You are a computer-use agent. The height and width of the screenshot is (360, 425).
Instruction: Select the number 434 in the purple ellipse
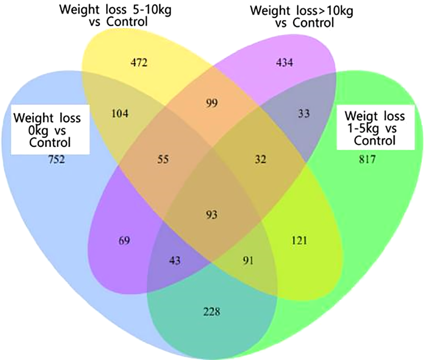pyautogui.click(x=284, y=63)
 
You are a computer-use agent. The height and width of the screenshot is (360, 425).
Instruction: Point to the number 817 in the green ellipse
pyautogui.click(x=367, y=160)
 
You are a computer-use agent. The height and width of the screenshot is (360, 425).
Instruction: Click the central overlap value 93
pyautogui.click(x=212, y=215)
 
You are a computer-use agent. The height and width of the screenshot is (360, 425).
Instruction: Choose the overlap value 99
pyautogui.click(x=212, y=103)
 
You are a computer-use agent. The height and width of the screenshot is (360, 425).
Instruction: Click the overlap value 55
pyautogui.click(x=163, y=160)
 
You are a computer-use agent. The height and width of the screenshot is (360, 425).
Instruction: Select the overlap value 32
pyautogui.click(x=261, y=160)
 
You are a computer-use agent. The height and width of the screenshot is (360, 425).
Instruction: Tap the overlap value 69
pyautogui.click(x=124, y=240)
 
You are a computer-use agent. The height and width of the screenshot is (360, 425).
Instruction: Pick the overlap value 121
pyautogui.click(x=299, y=240)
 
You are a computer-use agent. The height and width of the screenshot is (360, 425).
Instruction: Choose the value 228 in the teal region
pyautogui.click(x=212, y=312)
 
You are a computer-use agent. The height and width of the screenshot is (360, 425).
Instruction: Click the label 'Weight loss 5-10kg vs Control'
pyautogui.click(x=115, y=16)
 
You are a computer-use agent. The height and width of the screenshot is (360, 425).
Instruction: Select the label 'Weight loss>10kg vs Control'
pyautogui.click(x=302, y=17)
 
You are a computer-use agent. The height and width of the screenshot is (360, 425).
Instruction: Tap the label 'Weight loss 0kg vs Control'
pyautogui.click(x=47, y=130)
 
